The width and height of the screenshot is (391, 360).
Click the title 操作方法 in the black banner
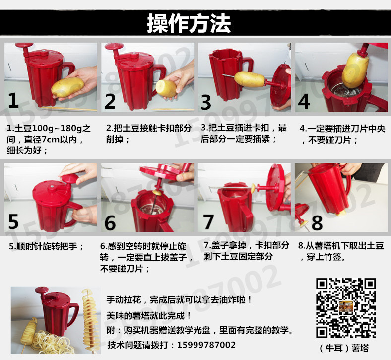pyautogui.click(x=189, y=23)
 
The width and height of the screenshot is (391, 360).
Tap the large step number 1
pyautogui.click(x=13, y=100)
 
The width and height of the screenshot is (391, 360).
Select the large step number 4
pyautogui.click(x=304, y=101)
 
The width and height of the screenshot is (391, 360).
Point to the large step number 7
pyautogui.click(x=208, y=222)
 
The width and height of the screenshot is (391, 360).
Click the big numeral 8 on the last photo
pyautogui.click(x=317, y=223)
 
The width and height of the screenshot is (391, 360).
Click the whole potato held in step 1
pyautogui.click(x=67, y=87)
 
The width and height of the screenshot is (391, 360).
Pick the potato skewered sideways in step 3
pyautogui.click(x=250, y=79)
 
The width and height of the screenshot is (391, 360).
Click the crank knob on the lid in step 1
pyautogui.click(x=24, y=45)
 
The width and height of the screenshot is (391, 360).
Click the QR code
pyautogui.click(x=346, y=308)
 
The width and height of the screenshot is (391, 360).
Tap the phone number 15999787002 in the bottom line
pyautogui.click(x=206, y=345)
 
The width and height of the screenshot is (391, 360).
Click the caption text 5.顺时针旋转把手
pyautogui.click(x=46, y=246)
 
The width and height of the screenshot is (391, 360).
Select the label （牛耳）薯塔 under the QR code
pyautogui.click(x=344, y=348)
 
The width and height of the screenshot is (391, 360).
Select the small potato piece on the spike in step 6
pyautogui.click(x=157, y=192)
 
